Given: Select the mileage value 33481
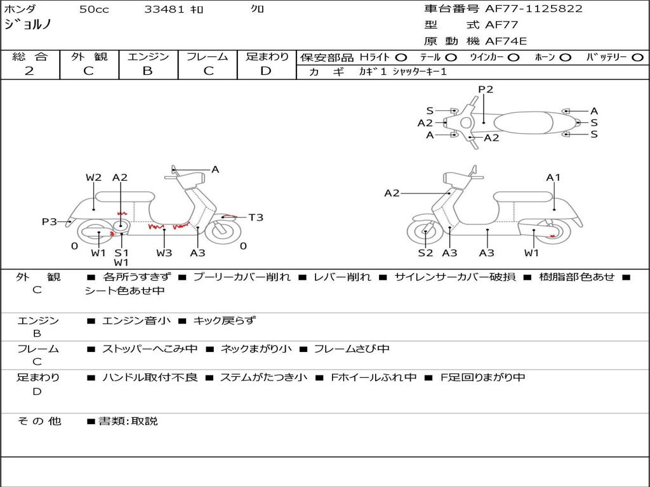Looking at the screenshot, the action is (164, 10).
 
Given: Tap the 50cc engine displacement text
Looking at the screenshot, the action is (94, 10).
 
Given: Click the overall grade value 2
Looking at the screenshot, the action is (29, 71).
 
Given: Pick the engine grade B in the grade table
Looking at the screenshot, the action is (147, 71).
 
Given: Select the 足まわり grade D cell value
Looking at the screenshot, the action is (266, 71).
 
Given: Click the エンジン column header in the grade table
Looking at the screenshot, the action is (148, 57).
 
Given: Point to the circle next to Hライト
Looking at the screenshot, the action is (401, 58).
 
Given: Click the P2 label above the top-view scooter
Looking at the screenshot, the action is (486, 89).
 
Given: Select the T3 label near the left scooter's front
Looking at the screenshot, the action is (255, 218).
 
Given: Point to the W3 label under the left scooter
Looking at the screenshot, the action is (164, 253).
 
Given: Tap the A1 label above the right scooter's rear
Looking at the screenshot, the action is (554, 178).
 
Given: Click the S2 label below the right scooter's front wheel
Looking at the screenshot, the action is (425, 253).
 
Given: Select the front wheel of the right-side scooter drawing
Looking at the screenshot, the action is (425, 233).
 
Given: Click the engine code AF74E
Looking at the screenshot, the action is (506, 41).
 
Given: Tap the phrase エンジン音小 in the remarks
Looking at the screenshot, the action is (136, 321).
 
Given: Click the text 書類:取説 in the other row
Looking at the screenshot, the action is (128, 421).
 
